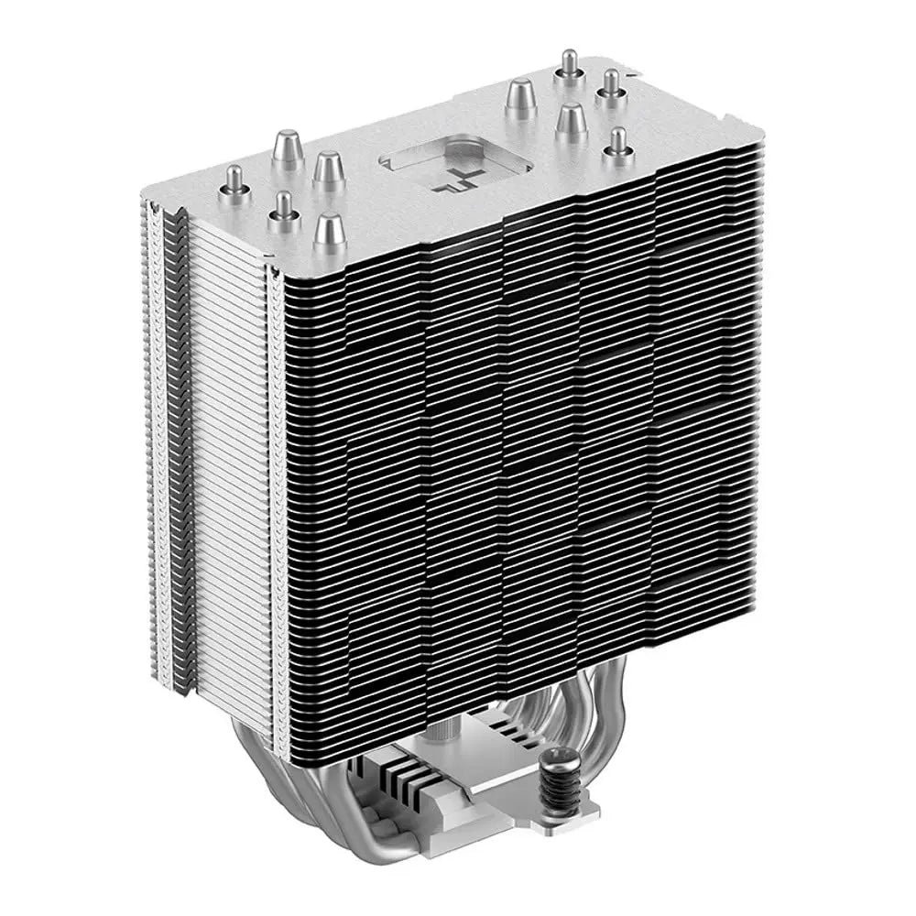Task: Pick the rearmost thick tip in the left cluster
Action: pos(283,148)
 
